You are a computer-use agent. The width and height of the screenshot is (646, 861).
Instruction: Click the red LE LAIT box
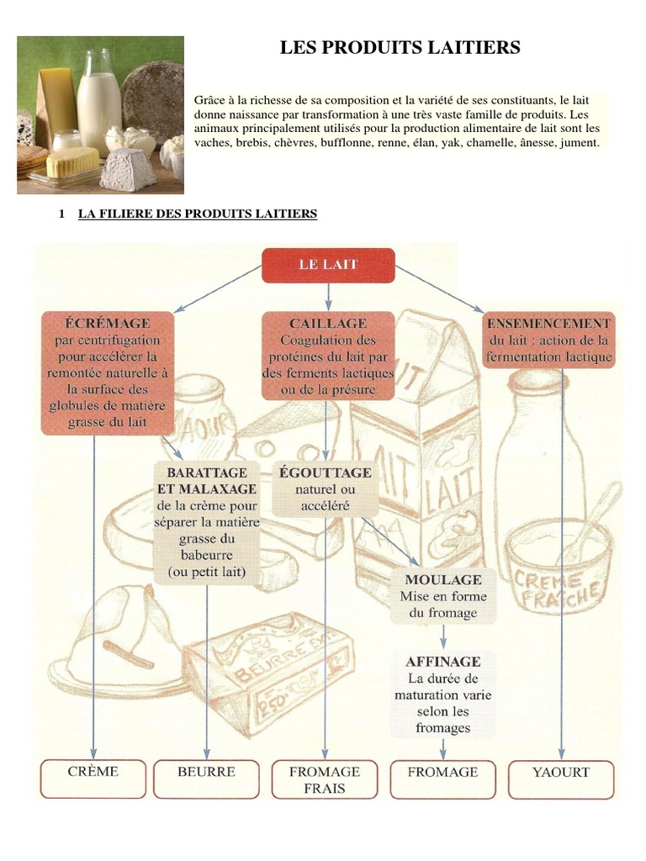pos(328,265)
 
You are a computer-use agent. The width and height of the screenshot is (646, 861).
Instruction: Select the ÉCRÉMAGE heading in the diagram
pos(108,323)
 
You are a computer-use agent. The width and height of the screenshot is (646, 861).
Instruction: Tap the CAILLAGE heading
pos(328,323)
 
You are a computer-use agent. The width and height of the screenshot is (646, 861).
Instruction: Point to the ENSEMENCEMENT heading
pos(548,323)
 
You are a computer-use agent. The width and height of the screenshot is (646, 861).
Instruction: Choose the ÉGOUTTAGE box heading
pos(325,473)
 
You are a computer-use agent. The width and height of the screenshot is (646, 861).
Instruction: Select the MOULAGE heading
pos(443,580)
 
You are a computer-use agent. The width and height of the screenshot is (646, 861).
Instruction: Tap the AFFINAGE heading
pos(443,662)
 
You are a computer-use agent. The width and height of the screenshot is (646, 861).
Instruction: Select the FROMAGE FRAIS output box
pos(325,779)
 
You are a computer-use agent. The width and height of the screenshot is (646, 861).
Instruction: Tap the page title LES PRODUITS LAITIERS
pos(400,49)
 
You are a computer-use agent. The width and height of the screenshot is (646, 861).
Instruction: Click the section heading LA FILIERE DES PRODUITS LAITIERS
pos(198,214)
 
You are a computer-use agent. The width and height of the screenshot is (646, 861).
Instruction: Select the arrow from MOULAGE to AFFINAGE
pos(443,637)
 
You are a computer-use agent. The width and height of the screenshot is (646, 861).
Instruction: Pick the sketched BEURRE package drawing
pos(252,664)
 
